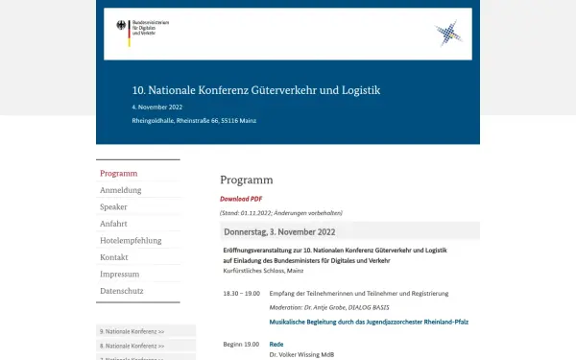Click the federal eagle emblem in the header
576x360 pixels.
click(x=121, y=28)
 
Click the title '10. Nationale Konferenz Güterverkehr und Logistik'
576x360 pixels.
click(x=256, y=90)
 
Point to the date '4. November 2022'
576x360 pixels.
click(x=157, y=107)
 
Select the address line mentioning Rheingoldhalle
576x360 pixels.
click(x=194, y=121)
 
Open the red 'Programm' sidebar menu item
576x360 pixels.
click(x=119, y=174)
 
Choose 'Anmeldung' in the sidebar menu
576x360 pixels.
click(x=121, y=190)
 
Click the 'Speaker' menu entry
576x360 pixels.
click(x=113, y=206)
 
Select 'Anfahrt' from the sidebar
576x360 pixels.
click(x=113, y=224)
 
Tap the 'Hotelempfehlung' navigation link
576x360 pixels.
click(x=131, y=240)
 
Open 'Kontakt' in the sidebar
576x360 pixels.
click(x=114, y=257)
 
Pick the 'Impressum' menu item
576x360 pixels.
click(x=120, y=274)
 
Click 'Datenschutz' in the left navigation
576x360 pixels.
click(x=122, y=290)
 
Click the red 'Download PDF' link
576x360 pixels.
click(x=241, y=199)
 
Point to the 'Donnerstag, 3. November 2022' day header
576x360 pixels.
click(x=279, y=232)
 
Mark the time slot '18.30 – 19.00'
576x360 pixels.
click(x=241, y=293)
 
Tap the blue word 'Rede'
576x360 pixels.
click(x=276, y=344)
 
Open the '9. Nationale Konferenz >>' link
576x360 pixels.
click(x=132, y=331)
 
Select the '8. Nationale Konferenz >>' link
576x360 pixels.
click(x=132, y=346)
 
